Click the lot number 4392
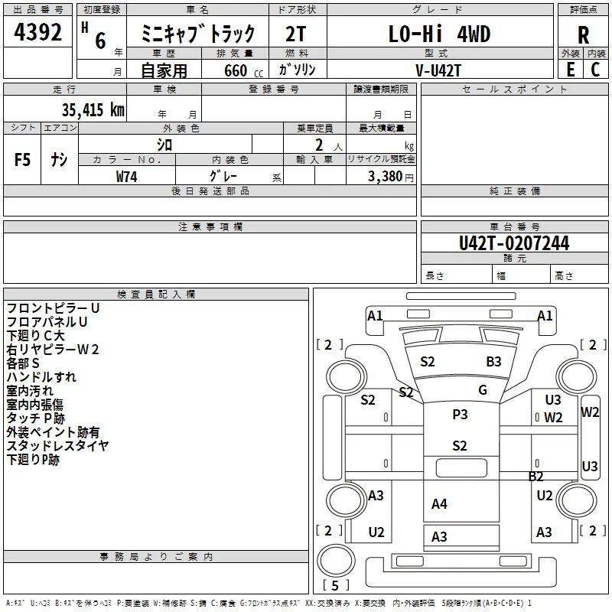point(37,32)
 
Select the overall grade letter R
point(583,35)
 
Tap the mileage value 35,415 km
point(93,109)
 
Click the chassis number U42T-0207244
point(514,243)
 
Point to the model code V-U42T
point(438,70)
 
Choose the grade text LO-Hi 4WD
point(439,34)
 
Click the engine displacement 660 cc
point(243,70)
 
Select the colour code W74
point(126,177)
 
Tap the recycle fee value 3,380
point(385,177)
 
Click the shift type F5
point(22,160)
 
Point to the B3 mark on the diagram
point(493,361)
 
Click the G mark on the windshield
point(483,389)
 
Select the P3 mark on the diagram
point(460,414)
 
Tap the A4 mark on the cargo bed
point(439,504)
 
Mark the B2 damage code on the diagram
point(535,476)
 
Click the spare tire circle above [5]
point(336,560)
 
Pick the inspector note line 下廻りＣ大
point(35,336)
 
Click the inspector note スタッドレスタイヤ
point(57,446)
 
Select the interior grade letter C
point(595,70)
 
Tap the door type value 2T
point(295,34)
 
